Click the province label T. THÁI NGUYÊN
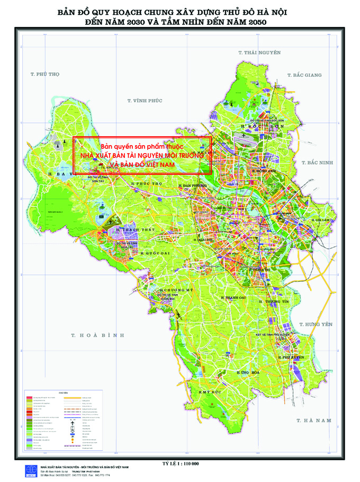259,52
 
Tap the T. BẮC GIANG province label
304,75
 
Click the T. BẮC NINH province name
317,163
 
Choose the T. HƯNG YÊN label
316,324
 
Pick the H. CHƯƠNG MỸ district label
177,291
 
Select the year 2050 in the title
255,22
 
